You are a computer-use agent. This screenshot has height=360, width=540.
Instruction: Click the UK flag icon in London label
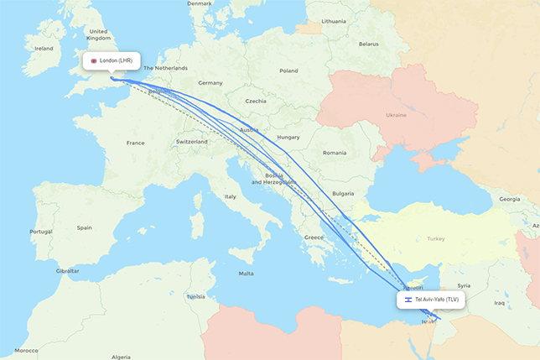tap(94, 61)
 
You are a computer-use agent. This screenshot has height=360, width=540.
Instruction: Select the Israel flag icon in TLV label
tap(408, 299)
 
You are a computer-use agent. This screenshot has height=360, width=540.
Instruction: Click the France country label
tap(135, 143)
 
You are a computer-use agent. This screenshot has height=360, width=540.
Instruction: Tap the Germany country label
tap(210, 83)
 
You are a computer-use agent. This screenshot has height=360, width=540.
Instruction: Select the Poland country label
tap(288, 71)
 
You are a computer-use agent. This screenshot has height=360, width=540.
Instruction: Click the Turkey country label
tap(436, 239)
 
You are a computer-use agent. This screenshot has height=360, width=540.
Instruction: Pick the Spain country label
tap(84, 227)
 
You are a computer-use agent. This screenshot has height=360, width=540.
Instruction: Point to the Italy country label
tap(230, 196)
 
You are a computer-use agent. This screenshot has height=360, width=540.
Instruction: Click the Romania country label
tap(334, 153)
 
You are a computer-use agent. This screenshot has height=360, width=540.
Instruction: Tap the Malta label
tap(246, 274)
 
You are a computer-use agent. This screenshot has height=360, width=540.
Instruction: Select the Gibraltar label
tap(67, 271)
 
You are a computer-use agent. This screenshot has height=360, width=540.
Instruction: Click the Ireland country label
tap(43, 49)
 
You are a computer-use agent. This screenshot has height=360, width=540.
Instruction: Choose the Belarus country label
tap(368, 44)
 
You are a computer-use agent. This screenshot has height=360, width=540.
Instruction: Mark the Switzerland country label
tap(192, 142)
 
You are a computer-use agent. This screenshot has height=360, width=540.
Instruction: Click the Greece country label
tap(314, 237)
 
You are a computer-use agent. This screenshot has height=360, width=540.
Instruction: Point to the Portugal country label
tap(40, 232)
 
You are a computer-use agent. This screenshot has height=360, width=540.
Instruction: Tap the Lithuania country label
tap(333, 20)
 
